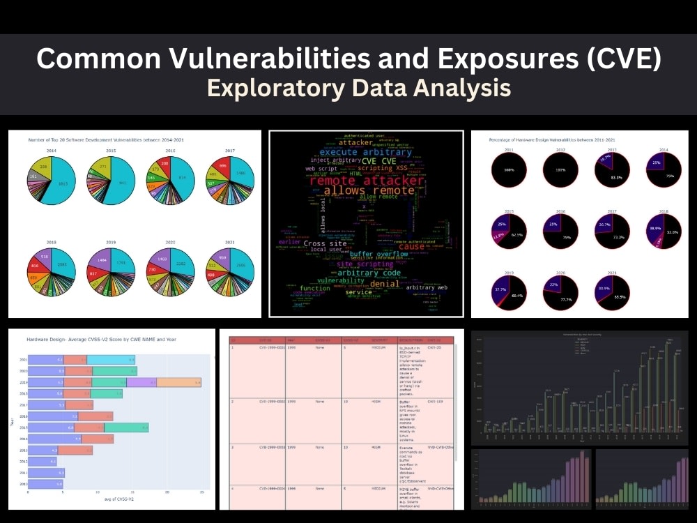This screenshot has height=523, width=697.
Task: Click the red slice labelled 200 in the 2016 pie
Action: coord(164,162)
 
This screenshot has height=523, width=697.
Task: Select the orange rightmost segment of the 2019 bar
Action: coord(178,382)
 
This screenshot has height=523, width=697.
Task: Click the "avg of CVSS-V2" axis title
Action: coord(114,500)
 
